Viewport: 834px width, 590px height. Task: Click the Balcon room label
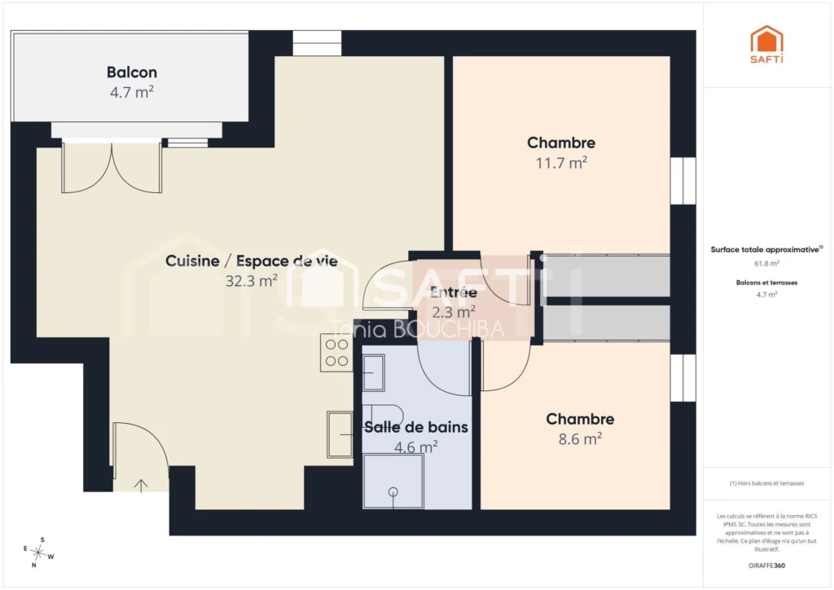point(131,72)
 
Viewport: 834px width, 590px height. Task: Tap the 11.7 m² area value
point(561,162)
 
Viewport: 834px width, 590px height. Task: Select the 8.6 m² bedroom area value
point(580,438)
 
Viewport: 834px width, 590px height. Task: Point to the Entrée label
point(453,292)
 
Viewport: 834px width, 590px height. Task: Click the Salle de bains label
point(416,427)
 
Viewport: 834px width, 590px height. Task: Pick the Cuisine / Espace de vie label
point(252,261)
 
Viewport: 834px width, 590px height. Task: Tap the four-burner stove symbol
point(336,352)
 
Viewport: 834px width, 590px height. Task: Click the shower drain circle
point(393,491)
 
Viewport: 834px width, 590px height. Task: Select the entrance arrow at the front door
point(141,486)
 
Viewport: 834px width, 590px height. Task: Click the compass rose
point(38,553)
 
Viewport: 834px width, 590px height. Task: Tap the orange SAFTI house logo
point(766,44)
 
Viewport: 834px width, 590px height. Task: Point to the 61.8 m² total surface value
point(766,263)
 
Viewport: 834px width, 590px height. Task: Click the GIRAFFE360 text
point(766,566)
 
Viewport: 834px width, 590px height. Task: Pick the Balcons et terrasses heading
point(766,283)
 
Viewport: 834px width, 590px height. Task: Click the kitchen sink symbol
point(340,434)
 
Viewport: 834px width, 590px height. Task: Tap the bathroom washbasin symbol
point(373,372)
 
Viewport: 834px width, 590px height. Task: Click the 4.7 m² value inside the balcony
point(131,92)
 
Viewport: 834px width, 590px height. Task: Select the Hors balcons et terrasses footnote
point(766,483)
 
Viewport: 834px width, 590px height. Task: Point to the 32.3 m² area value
point(251,280)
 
